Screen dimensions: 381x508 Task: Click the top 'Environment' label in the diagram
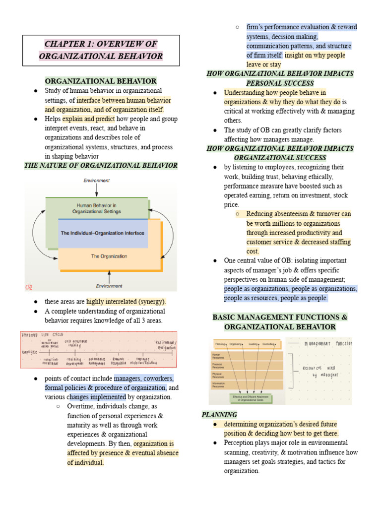tap(96, 181)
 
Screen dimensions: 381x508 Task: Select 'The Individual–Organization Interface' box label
tap(103, 233)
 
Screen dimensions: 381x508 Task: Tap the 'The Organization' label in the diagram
tap(109, 256)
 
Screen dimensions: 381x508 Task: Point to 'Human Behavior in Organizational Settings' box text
tap(96, 208)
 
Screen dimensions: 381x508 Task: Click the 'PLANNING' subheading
tap(219, 415)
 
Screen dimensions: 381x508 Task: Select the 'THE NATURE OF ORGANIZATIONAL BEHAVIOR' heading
tap(101, 165)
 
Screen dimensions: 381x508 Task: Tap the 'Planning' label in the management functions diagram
tap(221, 344)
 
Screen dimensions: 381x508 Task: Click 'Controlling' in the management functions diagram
tap(268, 344)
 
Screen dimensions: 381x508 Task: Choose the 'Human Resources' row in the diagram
tap(218, 356)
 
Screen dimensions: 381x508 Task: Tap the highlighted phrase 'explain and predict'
tap(88, 119)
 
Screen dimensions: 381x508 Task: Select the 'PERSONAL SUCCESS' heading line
tap(280, 83)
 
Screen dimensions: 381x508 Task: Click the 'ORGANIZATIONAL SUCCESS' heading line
tap(280, 158)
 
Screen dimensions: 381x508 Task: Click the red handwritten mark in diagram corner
tap(29, 287)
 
